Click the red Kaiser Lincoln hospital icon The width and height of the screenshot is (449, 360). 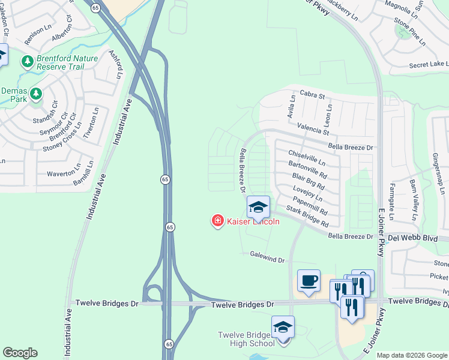(217, 221)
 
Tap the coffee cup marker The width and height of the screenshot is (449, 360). (309, 281)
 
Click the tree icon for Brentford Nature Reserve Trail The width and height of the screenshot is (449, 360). (27, 61)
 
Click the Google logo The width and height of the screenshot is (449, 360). (20, 353)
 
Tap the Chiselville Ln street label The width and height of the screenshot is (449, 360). (306, 158)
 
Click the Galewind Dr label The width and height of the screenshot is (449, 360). (267, 257)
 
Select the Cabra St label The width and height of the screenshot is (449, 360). (312, 95)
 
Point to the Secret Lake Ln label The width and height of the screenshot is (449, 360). (428, 64)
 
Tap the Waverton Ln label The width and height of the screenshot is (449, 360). (64, 173)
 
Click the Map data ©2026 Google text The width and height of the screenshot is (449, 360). (411, 355)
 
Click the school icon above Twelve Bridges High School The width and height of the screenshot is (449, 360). (283, 326)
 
